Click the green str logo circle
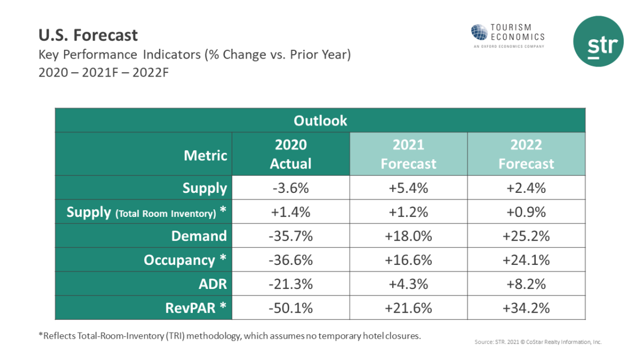click(598, 41)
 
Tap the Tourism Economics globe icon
click(479, 32)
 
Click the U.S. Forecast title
click(88, 35)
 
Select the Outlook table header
click(320, 121)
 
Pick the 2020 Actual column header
click(290, 154)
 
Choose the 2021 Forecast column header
click(408, 154)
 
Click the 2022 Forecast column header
click(526, 154)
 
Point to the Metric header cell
click(206, 155)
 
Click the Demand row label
click(198, 236)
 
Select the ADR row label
click(212, 284)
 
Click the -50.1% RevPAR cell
click(290, 308)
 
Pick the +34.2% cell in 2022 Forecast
click(526, 308)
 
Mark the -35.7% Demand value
click(290, 236)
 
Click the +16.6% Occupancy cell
click(408, 260)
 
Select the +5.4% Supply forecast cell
click(408, 188)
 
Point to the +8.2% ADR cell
click(526, 284)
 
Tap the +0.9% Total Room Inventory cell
click(526, 212)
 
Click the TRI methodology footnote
click(230, 336)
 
